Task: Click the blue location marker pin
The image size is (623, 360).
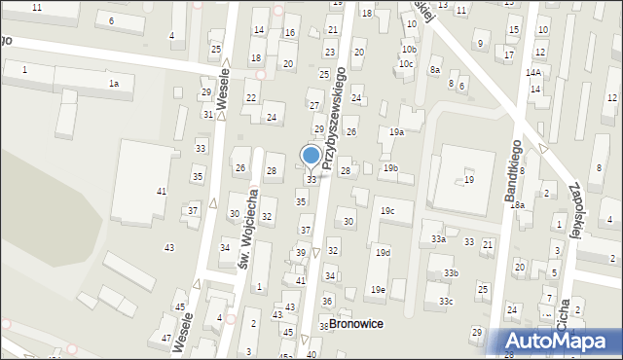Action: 311,157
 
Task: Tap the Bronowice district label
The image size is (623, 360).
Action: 357,323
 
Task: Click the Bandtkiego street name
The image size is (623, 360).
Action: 514,171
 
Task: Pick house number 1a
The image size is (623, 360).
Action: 114,84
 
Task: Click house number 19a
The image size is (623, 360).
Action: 397,131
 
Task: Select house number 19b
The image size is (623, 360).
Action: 390,168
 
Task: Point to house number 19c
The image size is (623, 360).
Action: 387,210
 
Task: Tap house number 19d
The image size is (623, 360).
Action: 383,253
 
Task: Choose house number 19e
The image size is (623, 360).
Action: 378,289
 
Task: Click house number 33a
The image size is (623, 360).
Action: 439,238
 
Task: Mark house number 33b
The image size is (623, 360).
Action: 451,273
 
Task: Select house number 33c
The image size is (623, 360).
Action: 445,302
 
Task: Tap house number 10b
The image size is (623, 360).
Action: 409,49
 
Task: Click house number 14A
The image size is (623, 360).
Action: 533,73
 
